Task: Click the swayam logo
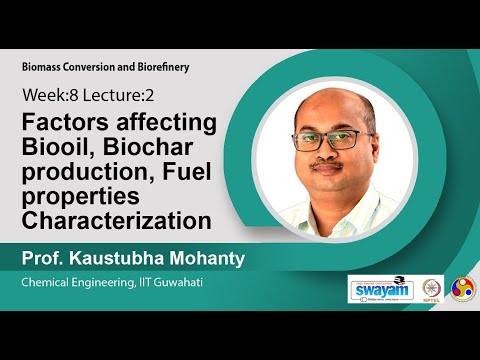381,288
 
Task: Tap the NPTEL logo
433,288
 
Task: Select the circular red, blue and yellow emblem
463,288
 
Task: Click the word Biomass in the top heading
44,67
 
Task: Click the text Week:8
47,97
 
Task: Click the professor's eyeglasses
337,143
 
